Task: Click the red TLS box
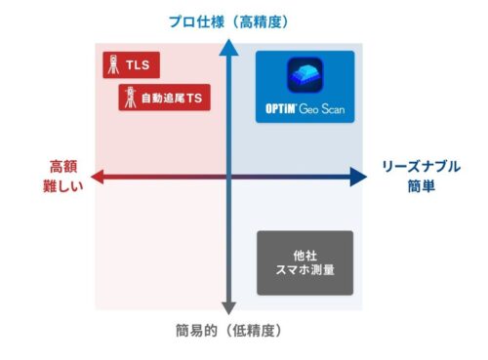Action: click(130, 67)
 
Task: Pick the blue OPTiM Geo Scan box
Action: click(305, 86)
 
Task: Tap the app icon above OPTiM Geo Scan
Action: click(305, 76)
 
